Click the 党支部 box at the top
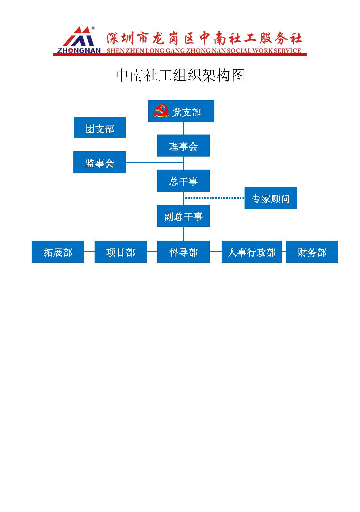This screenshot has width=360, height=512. (181, 111)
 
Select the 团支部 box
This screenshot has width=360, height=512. (100, 128)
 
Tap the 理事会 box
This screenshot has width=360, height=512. (183, 146)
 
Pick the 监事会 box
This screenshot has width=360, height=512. (100, 162)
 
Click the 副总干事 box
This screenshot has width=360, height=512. (183, 216)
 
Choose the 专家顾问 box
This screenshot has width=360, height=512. (271, 198)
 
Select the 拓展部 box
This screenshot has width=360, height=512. (58, 252)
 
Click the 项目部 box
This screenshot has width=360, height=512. (121, 252)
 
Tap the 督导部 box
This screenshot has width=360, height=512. (183, 252)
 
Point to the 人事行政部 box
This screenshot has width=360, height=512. (252, 252)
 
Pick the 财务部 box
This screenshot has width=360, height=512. (312, 252)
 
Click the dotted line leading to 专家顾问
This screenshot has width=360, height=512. (215, 198)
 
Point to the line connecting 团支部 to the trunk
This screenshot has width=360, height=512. (154, 129)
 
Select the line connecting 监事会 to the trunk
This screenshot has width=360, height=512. (154, 163)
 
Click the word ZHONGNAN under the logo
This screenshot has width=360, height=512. (79, 50)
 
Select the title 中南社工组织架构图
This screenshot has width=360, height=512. (180, 75)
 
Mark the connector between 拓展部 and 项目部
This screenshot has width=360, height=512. (89, 252)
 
